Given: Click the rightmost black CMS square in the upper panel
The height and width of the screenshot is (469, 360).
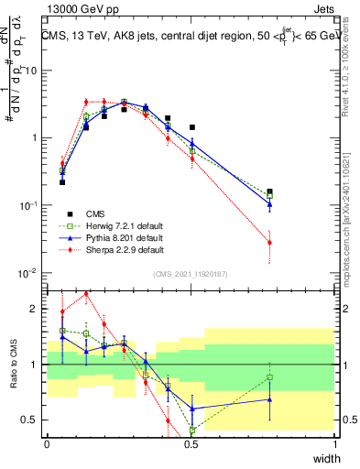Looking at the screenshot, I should pyautogui.click(x=269, y=191).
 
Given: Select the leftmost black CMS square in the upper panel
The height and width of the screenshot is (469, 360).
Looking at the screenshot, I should pyautogui.click(x=62, y=182).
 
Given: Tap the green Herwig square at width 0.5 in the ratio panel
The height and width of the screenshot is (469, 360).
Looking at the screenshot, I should pyautogui.click(x=192, y=430).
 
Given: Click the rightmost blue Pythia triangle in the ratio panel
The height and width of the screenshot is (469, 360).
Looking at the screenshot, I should pyautogui.click(x=269, y=399).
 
